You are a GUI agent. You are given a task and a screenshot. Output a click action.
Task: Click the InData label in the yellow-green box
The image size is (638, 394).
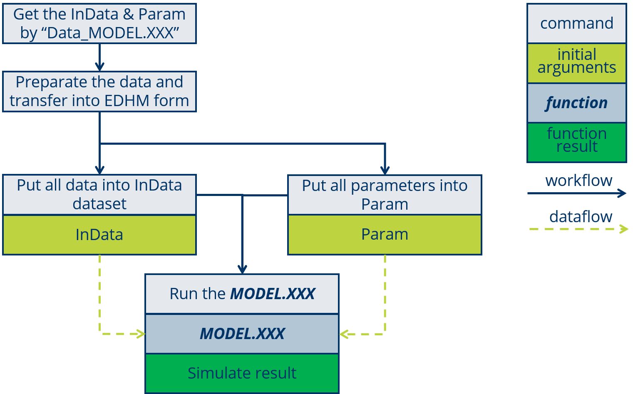point(99,235)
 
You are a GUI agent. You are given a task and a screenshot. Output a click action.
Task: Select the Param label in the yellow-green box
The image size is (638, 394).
point(385,234)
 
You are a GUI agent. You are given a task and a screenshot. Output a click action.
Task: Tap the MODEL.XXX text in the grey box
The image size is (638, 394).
point(242,334)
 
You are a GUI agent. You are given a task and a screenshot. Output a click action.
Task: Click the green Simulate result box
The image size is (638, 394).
point(242,373)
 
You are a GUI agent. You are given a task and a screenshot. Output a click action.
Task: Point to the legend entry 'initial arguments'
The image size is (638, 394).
point(576,62)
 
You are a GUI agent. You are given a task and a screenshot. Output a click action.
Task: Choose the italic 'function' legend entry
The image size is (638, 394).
point(576,102)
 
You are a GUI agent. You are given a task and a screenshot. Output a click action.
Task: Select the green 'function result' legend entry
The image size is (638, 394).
point(576,140)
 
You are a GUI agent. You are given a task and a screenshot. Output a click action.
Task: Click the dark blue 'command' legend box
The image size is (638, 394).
point(576,23)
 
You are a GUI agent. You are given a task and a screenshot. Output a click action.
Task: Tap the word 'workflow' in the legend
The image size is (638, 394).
point(578,181)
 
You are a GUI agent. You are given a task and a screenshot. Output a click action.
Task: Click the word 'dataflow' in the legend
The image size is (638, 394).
point(581,217)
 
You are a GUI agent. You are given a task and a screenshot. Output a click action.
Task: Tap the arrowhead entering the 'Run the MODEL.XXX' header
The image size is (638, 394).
point(242,270)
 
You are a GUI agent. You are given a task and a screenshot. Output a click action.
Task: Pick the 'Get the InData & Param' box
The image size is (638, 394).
point(99,23)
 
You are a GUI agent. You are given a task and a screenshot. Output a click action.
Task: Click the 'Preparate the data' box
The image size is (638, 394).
point(99,92)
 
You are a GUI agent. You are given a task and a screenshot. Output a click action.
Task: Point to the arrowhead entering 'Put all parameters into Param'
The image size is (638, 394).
point(385,170)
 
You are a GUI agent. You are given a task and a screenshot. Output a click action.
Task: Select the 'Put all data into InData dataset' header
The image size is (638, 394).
point(99,195)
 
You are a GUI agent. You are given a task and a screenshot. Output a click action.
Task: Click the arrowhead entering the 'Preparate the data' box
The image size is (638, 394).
point(99,67)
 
